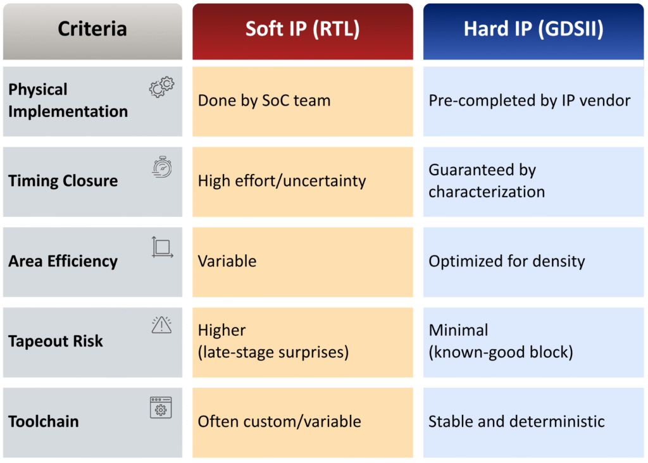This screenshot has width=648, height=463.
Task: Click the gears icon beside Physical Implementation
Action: (x=161, y=87)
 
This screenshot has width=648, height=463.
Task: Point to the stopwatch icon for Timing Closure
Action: (x=162, y=167)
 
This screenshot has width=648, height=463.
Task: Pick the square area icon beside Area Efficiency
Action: (x=162, y=247)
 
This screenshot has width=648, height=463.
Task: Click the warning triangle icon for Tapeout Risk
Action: (x=161, y=325)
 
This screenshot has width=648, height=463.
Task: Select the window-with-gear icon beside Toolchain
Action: (x=161, y=407)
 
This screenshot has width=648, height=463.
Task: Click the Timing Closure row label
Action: (x=63, y=181)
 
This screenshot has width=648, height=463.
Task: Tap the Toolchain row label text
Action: (x=44, y=421)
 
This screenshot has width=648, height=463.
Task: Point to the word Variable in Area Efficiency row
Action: (x=227, y=261)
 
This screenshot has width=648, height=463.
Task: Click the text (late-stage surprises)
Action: (x=273, y=352)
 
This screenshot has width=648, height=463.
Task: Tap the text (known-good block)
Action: (x=501, y=352)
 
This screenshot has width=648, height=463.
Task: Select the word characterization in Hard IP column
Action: (x=487, y=192)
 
